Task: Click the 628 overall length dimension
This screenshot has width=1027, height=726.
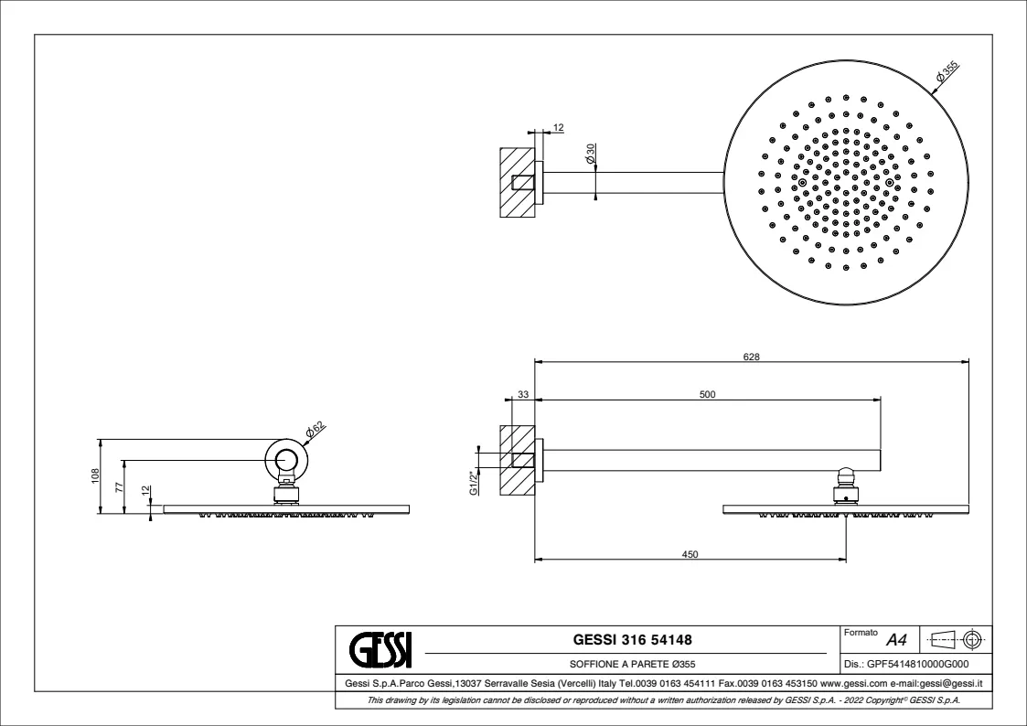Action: coord(751,357)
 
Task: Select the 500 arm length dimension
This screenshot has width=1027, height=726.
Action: coord(707,394)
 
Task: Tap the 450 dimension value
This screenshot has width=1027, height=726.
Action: coord(690,554)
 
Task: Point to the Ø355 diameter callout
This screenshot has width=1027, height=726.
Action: coord(947,70)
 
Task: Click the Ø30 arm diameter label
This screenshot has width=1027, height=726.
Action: coord(590,154)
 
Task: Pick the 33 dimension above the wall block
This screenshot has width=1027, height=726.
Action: coord(523,394)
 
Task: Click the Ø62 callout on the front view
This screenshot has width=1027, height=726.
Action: coord(315,430)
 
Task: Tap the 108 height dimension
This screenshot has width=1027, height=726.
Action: coord(95,475)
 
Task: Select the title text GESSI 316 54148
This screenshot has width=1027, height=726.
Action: coord(632,639)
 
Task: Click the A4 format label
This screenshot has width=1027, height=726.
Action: coord(896,640)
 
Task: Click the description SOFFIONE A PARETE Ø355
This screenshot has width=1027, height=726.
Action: coord(632,665)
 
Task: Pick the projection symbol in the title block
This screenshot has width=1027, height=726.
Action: coord(957,638)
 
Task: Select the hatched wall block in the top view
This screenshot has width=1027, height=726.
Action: coord(518,182)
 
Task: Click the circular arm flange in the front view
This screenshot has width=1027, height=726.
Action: coord(286,457)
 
